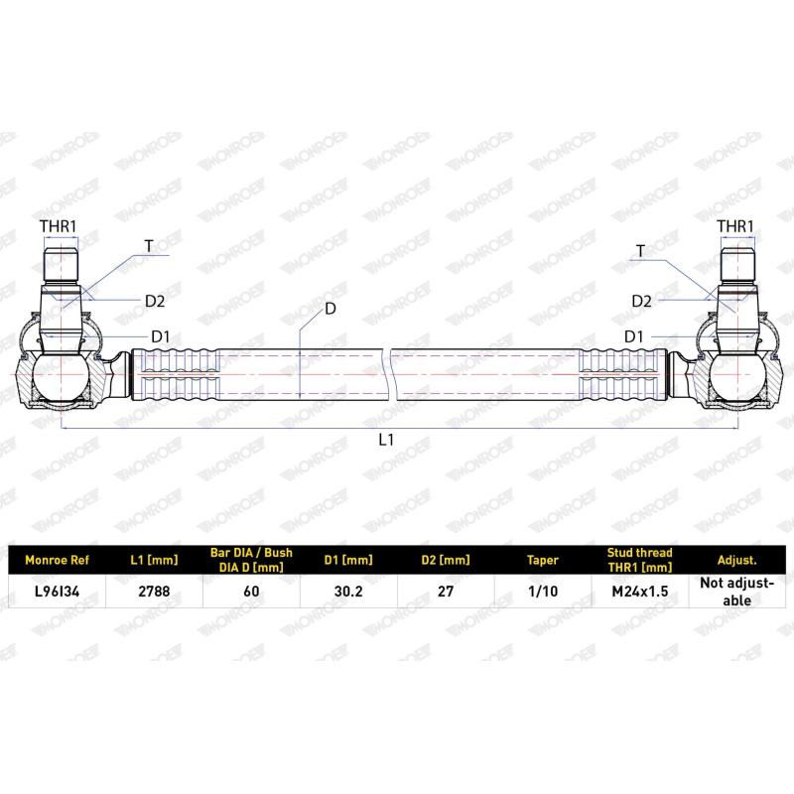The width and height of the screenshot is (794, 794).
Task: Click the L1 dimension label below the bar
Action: point(386,440)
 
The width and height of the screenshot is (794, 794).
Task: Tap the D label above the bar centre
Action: point(331,309)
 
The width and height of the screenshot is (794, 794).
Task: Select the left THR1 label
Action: point(59,226)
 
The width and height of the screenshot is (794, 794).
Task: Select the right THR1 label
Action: point(735,226)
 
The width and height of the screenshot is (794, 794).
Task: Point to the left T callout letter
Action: point(148,246)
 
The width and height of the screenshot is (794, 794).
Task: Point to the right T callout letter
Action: point(641,251)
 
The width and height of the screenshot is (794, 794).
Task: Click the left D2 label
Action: point(155,302)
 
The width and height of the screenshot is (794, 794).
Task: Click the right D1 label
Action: point(633,336)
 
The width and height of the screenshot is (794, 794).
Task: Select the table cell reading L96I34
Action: point(58,592)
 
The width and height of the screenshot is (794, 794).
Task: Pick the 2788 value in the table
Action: point(154,592)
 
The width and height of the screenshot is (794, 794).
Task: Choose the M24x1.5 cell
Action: point(640,592)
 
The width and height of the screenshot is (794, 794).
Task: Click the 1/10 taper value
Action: point(543,592)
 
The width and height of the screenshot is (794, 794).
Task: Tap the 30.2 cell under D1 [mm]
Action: point(348,592)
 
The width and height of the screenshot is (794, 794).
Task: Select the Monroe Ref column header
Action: point(57,560)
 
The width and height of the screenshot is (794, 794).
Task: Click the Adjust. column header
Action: point(737,560)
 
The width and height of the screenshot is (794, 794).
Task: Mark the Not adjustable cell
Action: point(737,592)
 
